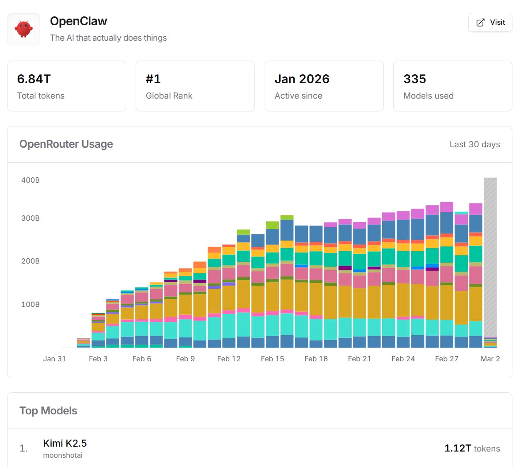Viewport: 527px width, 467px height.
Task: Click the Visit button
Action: (x=490, y=23)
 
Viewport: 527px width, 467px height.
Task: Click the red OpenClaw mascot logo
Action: (x=23, y=30)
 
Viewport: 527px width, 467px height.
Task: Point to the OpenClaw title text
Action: (x=79, y=21)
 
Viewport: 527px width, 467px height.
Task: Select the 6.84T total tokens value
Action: (x=34, y=79)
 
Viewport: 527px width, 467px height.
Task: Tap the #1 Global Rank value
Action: (x=153, y=79)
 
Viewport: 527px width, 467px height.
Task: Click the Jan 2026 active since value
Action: (x=302, y=79)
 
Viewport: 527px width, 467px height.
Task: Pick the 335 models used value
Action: (x=415, y=79)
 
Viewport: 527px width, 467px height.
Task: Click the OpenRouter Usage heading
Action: (x=66, y=144)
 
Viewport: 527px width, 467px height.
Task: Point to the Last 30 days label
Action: (x=475, y=145)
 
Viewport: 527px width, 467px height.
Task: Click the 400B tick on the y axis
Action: (x=30, y=180)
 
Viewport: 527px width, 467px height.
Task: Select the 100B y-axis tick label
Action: (x=30, y=304)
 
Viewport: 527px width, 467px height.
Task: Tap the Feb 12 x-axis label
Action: (x=229, y=359)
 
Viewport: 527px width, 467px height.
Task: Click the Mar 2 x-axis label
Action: (x=490, y=359)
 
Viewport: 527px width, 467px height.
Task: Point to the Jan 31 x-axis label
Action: (x=55, y=359)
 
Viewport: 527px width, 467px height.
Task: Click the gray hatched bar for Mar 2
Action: (x=490, y=256)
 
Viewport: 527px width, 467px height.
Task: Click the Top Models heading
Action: (x=49, y=411)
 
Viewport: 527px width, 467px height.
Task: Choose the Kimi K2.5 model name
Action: (x=65, y=443)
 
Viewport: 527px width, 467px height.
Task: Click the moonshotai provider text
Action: (x=63, y=456)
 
